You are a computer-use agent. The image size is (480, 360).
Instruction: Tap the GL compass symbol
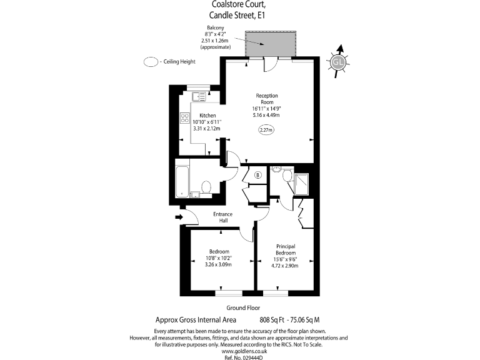(x=338, y=62)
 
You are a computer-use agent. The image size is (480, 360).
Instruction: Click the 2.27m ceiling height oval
(x=267, y=130)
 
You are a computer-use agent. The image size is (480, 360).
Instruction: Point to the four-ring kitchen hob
(x=185, y=117)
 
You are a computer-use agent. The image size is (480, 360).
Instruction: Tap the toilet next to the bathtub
(x=207, y=187)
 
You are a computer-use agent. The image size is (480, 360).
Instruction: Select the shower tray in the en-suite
(x=302, y=183)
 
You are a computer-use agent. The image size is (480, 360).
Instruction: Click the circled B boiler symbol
(x=257, y=175)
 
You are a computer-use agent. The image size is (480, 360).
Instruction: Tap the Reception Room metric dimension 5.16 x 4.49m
(x=266, y=115)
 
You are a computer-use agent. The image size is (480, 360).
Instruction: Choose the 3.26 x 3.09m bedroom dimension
(x=218, y=264)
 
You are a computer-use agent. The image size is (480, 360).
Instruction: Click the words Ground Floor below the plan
(x=244, y=308)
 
